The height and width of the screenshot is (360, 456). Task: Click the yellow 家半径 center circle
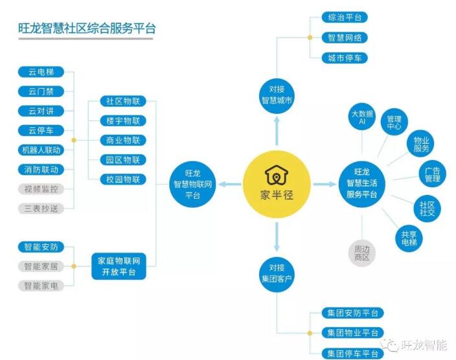(x=277, y=184)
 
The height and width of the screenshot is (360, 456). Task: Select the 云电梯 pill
(x=41, y=72)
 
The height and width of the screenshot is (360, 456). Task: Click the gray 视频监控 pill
(x=41, y=189)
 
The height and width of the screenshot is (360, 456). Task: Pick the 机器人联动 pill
(x=41, y=150)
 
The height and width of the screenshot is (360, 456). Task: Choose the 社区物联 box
(x=123, y=101)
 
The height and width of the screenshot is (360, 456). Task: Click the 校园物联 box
(x=123, y=179)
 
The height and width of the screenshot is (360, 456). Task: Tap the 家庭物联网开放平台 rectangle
(x=119, y=266)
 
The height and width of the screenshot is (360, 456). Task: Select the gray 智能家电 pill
(x=41, y=286)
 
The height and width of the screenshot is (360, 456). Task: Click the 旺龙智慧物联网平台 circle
(x=192, y=185)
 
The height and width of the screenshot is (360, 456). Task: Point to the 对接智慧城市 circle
(x=277, y=95)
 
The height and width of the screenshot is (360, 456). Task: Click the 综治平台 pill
(x=345, y=17)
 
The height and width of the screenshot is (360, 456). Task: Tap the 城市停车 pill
(x=345, y=58)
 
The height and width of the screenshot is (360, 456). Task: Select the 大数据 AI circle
(x=362, y=117)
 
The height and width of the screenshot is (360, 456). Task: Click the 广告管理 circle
(x=433, y=174)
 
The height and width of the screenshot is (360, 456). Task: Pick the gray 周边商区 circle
(x=362, y=253)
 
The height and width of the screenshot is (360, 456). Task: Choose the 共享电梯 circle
(x=409, y=238)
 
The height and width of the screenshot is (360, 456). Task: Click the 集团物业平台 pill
(x=352, y=333)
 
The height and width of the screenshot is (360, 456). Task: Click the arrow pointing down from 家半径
(x=277, y=236)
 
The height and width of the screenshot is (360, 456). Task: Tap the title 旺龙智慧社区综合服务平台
(x=87, y=28)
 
